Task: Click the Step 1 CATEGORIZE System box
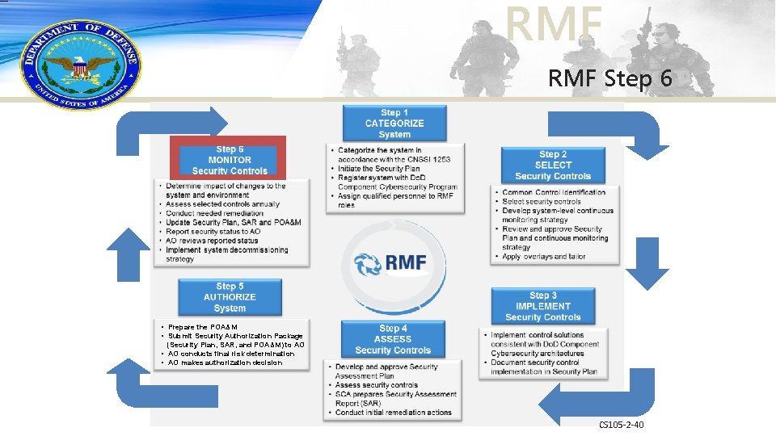394,124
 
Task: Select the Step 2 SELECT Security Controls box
553,166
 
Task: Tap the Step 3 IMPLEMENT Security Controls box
542,307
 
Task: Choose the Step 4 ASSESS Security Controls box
393,340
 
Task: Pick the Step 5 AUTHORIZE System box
230,297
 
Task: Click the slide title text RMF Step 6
609,80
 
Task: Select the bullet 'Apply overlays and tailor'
533,257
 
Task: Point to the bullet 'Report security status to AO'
213,232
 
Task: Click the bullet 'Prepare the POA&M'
203,327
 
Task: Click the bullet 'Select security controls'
541,202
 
